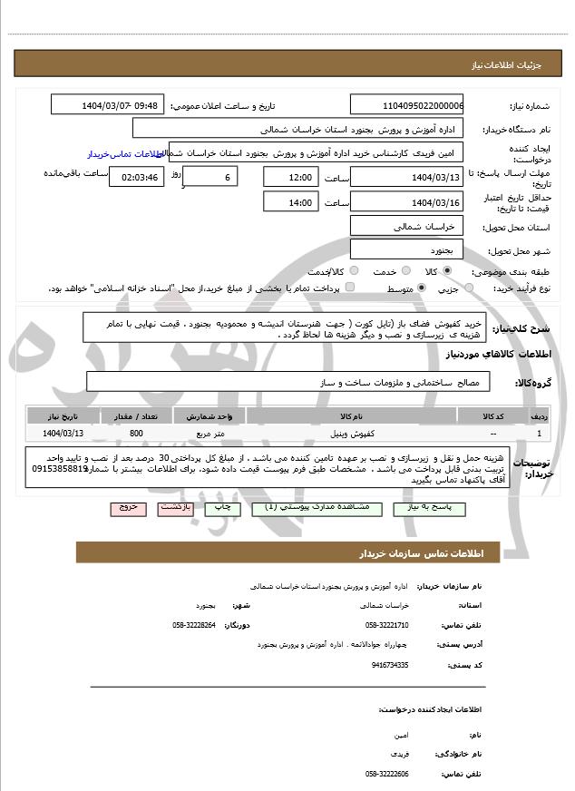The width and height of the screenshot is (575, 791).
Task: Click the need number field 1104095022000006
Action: pyautogui.click(x=406, y=105)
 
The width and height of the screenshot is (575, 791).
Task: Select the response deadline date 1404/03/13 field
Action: pyautogui.click(x=406, y=178)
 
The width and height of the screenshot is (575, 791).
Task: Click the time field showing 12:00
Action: pyautogui.click(x=290, y=178)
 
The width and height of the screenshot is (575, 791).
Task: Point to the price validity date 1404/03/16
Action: pyautogui.click(x=406, y=202)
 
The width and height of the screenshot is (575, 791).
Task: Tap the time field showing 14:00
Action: pyautogui.click(x=290, y=202)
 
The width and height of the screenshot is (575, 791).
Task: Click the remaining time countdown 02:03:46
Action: pyautogui.click(x=137, y=178)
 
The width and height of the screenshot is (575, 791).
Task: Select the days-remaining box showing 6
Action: pyautogui.click(x=211, y=178)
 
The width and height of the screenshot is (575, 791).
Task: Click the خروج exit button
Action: pyautogui.click(x=127, y=508)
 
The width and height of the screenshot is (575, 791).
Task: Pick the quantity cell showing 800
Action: pyautogui.click(x=136, y=434)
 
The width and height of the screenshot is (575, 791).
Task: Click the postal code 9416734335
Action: pyautogui.click(x=390, y=665)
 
